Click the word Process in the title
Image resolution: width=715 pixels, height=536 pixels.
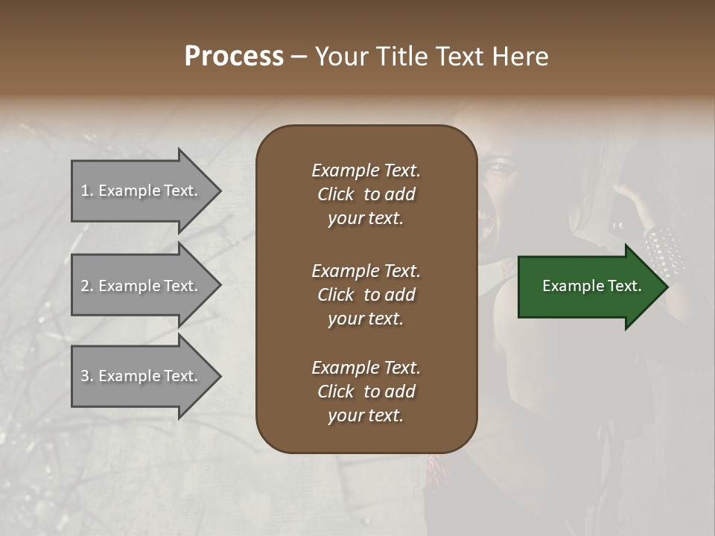point(234,57)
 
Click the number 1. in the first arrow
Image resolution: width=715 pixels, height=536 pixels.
point(87,191)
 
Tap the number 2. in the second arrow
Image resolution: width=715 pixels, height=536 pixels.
point(87,286)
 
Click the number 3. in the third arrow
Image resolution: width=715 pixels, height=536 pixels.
point(87,376)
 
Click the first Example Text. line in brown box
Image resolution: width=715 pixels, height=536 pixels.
point(366,170)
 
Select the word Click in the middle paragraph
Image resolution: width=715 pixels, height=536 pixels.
point(336,295)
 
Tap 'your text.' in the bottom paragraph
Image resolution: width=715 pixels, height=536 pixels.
point(366,416)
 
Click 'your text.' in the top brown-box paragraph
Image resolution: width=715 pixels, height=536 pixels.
point(366,219)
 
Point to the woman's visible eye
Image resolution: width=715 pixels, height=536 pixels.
point(501,168)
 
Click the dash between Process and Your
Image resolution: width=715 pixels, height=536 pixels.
point(299,57)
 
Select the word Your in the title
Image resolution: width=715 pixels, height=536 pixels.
point(340,57)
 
